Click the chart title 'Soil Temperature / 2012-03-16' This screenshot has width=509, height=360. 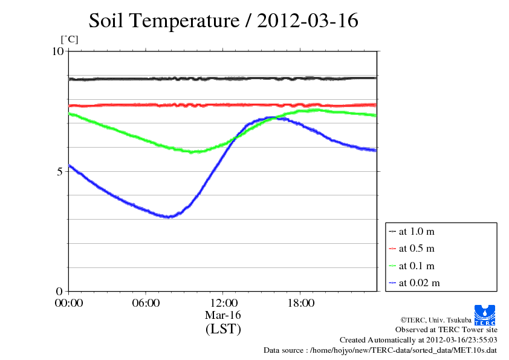(224, 21)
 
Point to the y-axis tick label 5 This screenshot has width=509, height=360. (60, 171)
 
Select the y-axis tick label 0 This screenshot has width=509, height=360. (60, 291)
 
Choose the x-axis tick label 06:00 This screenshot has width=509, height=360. (146, 303)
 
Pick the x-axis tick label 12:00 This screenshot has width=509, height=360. (223, 303)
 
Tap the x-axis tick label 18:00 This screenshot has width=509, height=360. (300, 303)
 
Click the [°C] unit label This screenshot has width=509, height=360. (70, 40)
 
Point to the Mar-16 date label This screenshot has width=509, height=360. (223, 315)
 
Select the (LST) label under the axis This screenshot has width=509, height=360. (223, 330)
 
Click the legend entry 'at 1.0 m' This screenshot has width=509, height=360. (417, 231)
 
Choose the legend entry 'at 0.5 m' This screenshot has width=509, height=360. (417, 248)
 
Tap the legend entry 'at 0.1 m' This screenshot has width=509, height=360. (417, 266)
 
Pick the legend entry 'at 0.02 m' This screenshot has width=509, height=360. (419, 283)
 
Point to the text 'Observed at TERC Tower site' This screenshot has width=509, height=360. (446, 330)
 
